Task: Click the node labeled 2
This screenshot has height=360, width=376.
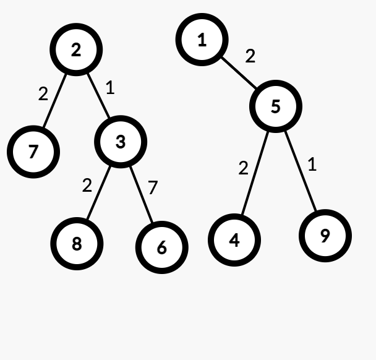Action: [76, 49]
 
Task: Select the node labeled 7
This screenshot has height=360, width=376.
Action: [33, 152]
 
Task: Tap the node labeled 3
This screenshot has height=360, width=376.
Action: [121, 142]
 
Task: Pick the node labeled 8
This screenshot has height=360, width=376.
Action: [77, 244]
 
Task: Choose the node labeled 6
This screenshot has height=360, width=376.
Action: [162, 247]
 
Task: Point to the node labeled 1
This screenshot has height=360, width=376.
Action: [202, 40]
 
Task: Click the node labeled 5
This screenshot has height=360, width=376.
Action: [276, 106]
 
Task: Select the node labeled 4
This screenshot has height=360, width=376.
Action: [234, 240]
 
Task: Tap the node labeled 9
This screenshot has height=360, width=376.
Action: [325, 236]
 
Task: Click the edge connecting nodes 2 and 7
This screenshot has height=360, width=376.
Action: [54, 101]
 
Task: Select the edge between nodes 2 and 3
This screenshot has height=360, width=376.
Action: [98, 96]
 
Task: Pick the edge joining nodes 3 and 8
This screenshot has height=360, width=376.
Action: [98, 192]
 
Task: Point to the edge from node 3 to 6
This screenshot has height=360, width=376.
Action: [141, 194]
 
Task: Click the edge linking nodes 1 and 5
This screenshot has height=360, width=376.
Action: [239, 73]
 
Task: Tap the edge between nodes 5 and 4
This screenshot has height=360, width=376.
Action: [255, 173]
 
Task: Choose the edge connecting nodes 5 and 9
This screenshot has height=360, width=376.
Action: [301, 171]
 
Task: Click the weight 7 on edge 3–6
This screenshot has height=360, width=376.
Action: [153, 187]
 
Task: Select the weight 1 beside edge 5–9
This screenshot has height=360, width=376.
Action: [312, 165]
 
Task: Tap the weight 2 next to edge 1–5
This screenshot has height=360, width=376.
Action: [250, 56]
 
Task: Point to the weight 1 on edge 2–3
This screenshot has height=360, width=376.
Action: [110, 87]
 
